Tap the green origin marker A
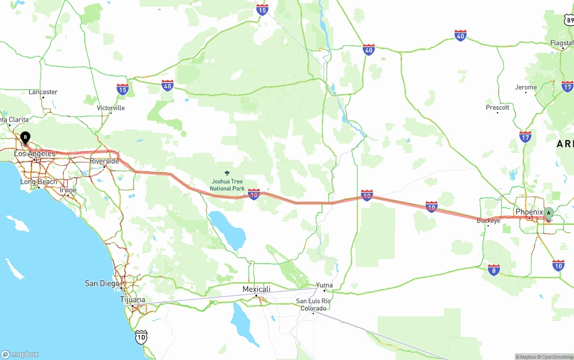(548, 213)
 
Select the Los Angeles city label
(35, 154)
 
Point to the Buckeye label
(488, 221)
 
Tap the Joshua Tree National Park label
(227, 185)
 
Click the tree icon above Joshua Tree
(227, 173)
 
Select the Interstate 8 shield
(494, 270)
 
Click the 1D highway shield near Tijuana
(141, 337)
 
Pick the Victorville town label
(111, 108)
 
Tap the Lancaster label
(43, 92)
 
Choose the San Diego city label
(102, 283)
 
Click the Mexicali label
(257, 289)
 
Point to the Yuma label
(324, 285)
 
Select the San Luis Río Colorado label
(313, 304)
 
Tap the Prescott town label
(498, 108)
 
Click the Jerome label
(526, 87)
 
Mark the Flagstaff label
(562, 43)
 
